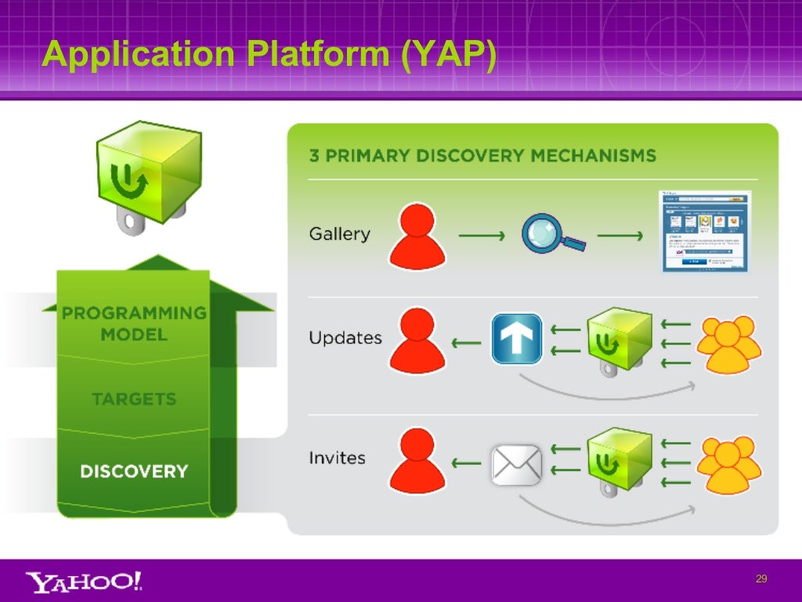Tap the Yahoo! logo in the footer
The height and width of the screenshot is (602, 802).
click(85, 581)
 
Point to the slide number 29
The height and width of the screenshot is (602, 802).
click(760, 579)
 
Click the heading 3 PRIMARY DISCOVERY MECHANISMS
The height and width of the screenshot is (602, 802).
click(482, 154)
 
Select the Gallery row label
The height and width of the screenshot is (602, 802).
click(339, 234)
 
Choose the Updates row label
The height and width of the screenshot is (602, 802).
click(345, 338)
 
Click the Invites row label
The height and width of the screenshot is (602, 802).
click(337, 457)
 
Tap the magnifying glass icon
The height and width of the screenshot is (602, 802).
click(553, 234)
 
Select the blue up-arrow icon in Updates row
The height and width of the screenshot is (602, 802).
click(516, 339)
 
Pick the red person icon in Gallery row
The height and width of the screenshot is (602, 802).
click(417, 235)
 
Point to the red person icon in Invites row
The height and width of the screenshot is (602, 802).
click(417, 462)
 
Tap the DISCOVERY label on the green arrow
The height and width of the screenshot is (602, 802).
click(134, 471)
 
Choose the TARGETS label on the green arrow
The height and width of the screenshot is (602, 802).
click(134, 399)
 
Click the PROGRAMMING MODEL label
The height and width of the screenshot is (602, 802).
click(134, 323)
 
